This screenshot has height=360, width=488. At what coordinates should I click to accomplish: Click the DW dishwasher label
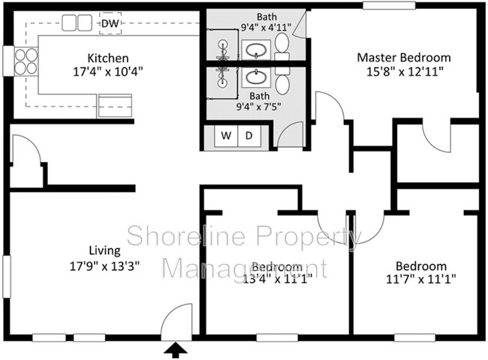coord(110,23)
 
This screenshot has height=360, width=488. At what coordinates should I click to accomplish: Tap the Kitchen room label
coord(107,58)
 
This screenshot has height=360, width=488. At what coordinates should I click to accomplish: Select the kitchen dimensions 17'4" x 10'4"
coord(107,73)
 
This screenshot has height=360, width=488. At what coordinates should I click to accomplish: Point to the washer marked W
coord(226,136)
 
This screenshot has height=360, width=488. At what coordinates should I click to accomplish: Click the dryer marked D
coord(249,136)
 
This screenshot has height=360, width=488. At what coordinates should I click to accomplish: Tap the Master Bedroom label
coord(403,57)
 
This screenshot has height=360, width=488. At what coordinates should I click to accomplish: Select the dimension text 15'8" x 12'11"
coord(403,72)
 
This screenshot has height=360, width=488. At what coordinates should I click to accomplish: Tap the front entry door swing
coord(178,322)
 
